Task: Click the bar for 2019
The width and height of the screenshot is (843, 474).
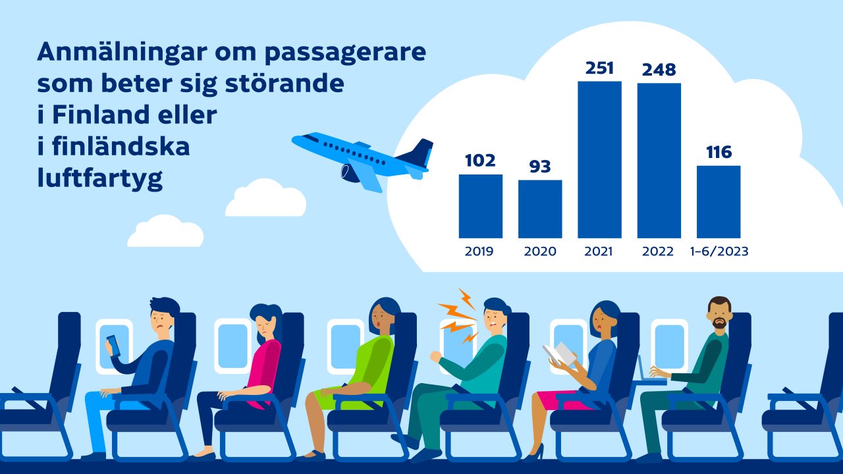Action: pyautogui.click(x=480, y=205)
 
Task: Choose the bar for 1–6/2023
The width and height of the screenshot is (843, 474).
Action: pyautogui.click(x=719, y=201)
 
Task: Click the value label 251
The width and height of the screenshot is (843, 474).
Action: pyautogui.click(x=599, y=68)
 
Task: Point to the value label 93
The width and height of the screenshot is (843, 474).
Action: pyautogui.click(x=540, y=167)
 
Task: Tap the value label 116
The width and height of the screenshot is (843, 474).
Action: pyautogui.click(x=719, y=152)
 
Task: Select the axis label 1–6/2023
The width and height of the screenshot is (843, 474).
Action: pyautogui.click(x=719, y=251)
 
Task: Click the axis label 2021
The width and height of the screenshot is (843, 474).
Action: pyautogui.click(x=599, y=251)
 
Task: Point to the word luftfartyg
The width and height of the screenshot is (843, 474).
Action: pyautogui.click(x=99, y=179)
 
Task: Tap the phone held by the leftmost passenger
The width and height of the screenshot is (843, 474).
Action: pyautogui.click(x=113, y=345)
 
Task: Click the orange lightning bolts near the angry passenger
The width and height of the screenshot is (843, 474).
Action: pyautogui.click(x=458, y=316)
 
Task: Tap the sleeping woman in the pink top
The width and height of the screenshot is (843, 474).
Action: pyautogui.click(x=260, y=355)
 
